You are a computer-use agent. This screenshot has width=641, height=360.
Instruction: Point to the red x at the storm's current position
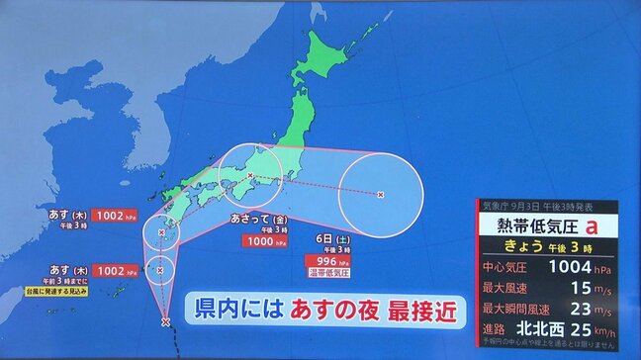[x=165, y=321]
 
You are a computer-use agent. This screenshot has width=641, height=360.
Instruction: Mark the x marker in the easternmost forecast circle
[x=382, y=195]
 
